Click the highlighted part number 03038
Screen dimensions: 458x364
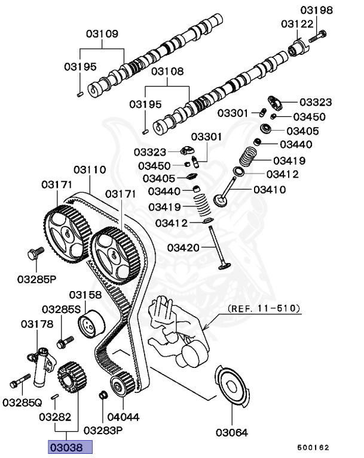click(70, 446)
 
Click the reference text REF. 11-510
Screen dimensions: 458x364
click(264, 309)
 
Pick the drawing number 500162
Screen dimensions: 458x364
click(313, 446)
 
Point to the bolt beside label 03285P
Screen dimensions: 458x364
click(35, 253)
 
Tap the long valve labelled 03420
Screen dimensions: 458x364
click(216, 250)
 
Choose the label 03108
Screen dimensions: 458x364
click(167, 72)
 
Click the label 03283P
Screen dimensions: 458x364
click(103, 429)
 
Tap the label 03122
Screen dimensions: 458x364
click(298, 23)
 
